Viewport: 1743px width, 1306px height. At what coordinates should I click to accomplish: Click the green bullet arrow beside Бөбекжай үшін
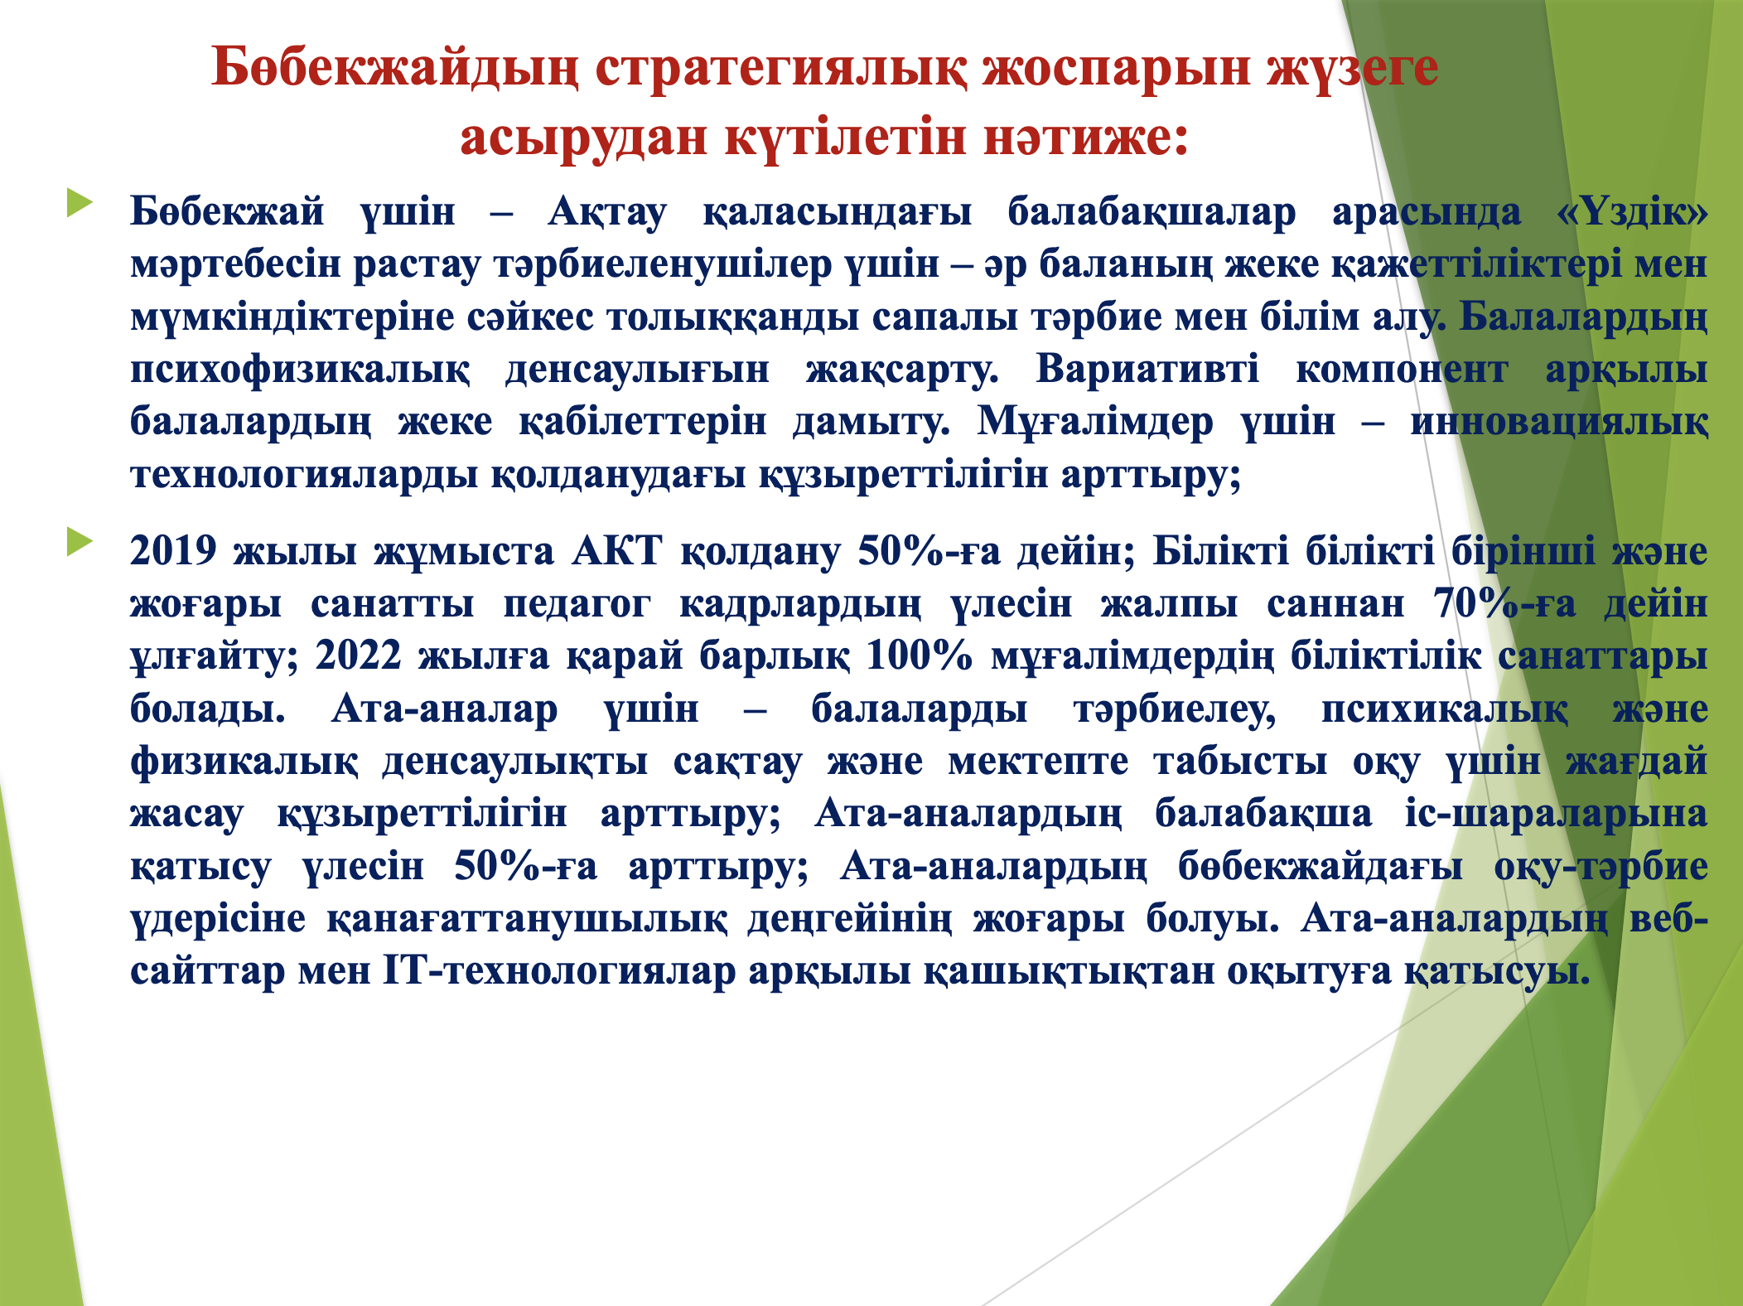pyautogui.click(x=80, y=203)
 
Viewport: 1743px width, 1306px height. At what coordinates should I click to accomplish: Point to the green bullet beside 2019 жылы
pyautogui.click(x=80, y=542)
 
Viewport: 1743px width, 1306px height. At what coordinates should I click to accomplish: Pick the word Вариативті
pyautogui.click(x=1147, y=370)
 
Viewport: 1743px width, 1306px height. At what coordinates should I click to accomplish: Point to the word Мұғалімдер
pyautogui.click(x=1095, y=423)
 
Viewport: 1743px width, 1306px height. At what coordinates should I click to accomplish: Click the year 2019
pyautogui.click(x=174, y=551)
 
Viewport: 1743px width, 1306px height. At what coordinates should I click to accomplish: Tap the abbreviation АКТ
pyautogui.click(x=617, y=551)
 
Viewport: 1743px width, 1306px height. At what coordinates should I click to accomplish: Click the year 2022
pyautogui.click(x=358, y=656)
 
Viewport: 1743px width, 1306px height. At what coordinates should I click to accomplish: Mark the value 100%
pyautogui.click(x=919, y=656)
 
